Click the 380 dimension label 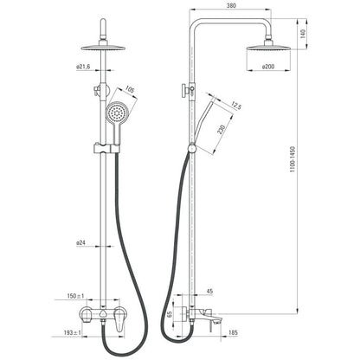pyautogui.click(x=231, y=5)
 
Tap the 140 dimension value pyautogui.click(x=303, y=34)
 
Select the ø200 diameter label pyautogui.click(x=268, y=67)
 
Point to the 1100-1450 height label pyautogui.click(x=293, y=159)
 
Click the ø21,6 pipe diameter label pyautogui.click(x=83, y=67)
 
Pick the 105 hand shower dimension pyautogui.click(x=131, y=90)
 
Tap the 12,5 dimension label pyautogui.click(x=236, y=106)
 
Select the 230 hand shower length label pyautogui.click(x=222, y=130)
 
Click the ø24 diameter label pyautogui.click(x=81, y=243)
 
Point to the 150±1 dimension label pyautogui.click(x=75, y=296)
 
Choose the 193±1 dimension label pyautogui.click(x=73, y=332)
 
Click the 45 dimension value pyautogui.click(x=209, y=292)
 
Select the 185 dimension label pyautogui.click(x=233, y=332)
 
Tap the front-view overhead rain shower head pyautogui.click(x=103, y=48)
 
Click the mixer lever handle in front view pyautogui.click(x=119, y=319)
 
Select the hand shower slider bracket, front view pyautogui.click(x=106, y=148)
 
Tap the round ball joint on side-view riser pyautogui.click(x=191, y=148)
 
